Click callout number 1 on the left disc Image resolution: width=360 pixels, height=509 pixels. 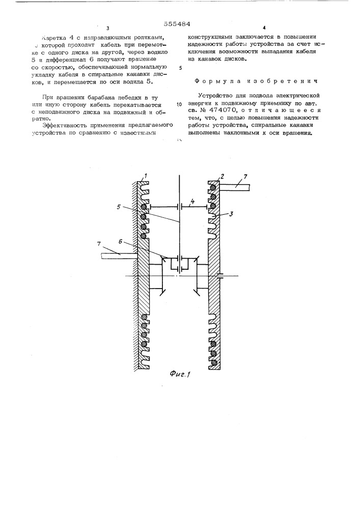point(145,176)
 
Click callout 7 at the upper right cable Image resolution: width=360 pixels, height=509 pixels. point(245,177)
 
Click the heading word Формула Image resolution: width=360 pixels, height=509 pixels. point(213,80)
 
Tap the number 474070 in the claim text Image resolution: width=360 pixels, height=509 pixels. point(224,109)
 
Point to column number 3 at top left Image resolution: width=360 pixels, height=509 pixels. point(108,29)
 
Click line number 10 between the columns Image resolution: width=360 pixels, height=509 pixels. point(179,104)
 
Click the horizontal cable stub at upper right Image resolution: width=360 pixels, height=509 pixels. point(237,187)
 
